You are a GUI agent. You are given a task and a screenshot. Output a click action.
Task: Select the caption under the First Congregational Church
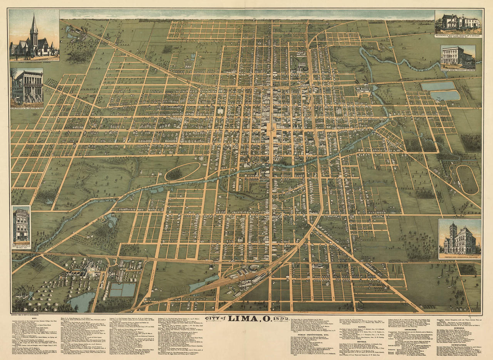coord(34,59)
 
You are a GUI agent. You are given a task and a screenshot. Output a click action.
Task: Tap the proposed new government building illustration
coord(459,239)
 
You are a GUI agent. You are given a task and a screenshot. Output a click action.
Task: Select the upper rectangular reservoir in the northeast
coord(438,86)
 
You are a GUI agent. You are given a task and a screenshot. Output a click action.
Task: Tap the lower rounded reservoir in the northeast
coord(445,96)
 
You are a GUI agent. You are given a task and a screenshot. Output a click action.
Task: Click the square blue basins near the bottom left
coord(122,289)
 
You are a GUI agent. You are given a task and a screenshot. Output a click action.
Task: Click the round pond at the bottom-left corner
coord(82,302)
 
